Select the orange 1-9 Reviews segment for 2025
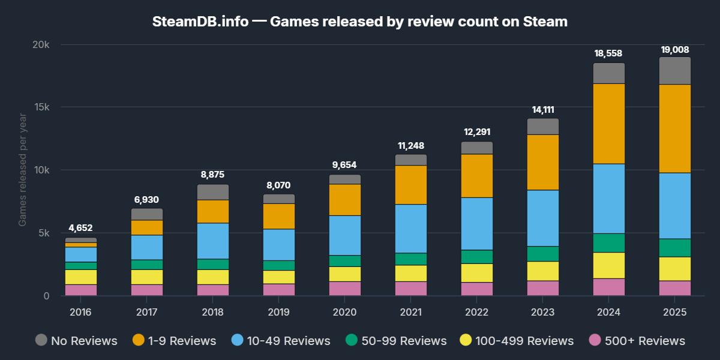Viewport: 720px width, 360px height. coord(675,128)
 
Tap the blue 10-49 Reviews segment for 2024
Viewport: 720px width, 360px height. coord(609,199)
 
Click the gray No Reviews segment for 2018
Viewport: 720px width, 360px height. coord(213,192)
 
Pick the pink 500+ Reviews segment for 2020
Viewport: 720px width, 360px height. coord(345,289)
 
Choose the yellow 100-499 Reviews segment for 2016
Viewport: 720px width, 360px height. coord(81,277)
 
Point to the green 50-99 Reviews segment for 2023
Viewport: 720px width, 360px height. coord(543,254)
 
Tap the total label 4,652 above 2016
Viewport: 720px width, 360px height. coord(81,228)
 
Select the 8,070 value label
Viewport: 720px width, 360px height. coord(279,185)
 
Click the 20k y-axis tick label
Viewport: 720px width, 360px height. coord(40,44)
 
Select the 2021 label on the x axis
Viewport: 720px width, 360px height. coord(411,312)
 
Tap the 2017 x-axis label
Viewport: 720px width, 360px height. coord(147,312)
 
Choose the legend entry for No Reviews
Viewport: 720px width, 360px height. coord(76,341)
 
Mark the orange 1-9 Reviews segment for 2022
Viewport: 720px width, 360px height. coord(477,176)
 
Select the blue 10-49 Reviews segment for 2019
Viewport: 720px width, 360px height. coord(279,245)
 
